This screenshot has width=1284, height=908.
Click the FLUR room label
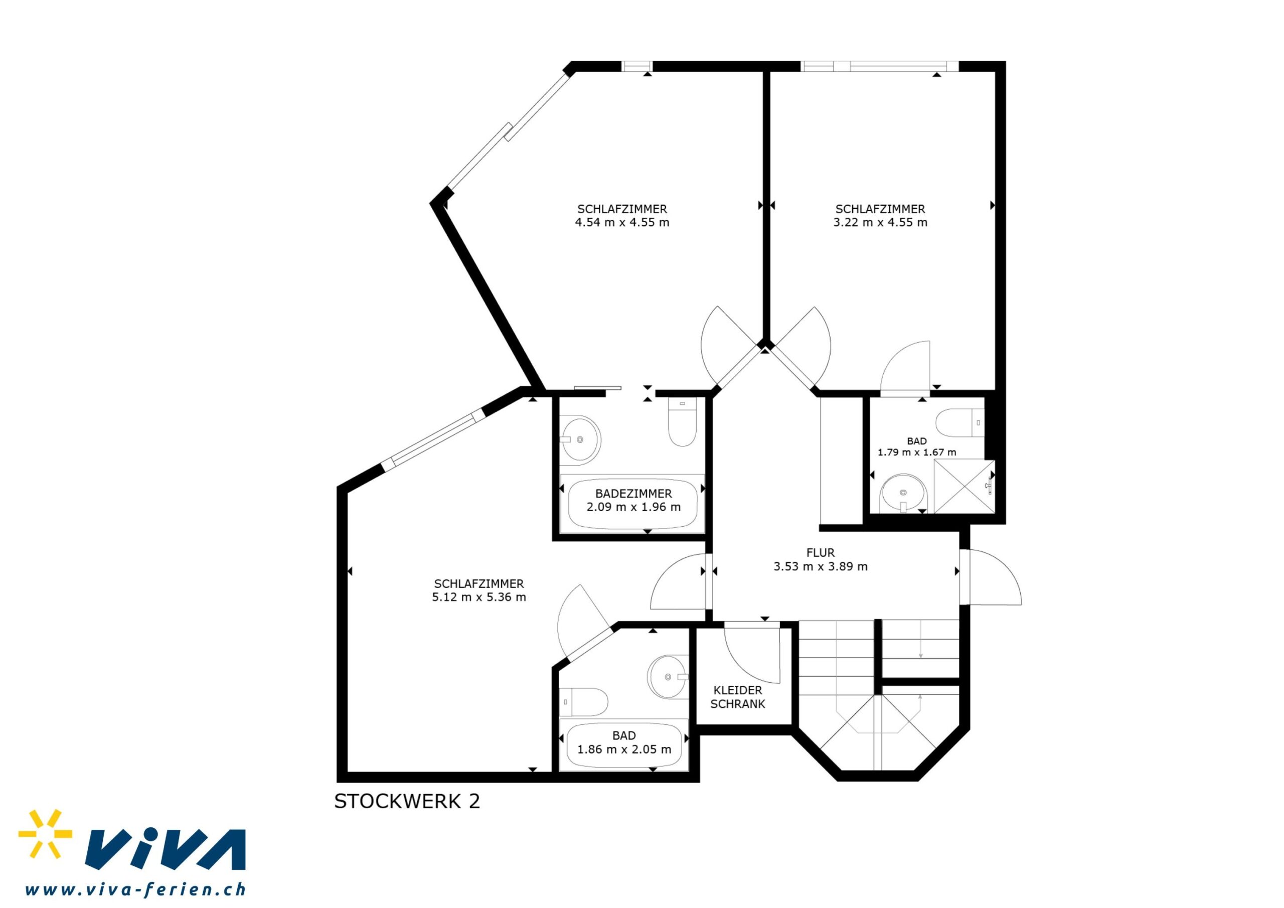click(821, 553)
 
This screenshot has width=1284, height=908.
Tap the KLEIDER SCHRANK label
click(738, 697)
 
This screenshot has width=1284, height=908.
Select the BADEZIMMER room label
click(633, 494)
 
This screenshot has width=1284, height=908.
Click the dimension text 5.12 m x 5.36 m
click(478, 597)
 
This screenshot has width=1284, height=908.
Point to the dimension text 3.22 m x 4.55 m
click(880, 222)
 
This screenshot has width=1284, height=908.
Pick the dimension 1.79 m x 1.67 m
click(916, 452)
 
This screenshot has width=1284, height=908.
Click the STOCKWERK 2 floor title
click(407, 802)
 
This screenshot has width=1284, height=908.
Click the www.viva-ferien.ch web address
click(135, 889)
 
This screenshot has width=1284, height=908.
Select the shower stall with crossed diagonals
click(965, 486)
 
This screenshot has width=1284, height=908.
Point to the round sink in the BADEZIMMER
click(580, 440)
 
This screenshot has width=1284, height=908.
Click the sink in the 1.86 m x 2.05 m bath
click(668, 676)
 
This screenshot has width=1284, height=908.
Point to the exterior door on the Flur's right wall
click(991, 577)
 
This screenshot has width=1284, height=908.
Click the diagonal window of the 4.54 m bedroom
click(509, 132)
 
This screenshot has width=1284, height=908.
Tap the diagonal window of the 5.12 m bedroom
click(433, 438)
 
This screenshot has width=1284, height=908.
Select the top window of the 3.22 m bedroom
click(880, 66)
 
